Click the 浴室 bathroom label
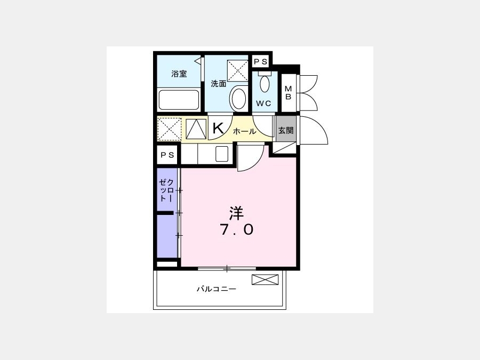click(179, 74)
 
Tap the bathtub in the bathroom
click(179, 100)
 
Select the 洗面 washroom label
click(219, 84)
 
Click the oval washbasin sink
click(239, 98)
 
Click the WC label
click(263, 103)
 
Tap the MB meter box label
click(289, 93)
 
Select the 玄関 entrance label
click(286, 131)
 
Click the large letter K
click(218, 128)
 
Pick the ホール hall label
click(245, 132)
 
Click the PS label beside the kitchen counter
click(167, 155)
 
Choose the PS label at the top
click(261, 62)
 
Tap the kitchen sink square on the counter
click(222, 154)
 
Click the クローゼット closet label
click(166, 190)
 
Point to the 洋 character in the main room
click(237, 214)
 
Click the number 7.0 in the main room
click(237, 229)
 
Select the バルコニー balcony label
click(217, 289)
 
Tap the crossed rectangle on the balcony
click(265, 279)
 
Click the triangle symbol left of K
click(196, 129)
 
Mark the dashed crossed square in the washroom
click(237, 71)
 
